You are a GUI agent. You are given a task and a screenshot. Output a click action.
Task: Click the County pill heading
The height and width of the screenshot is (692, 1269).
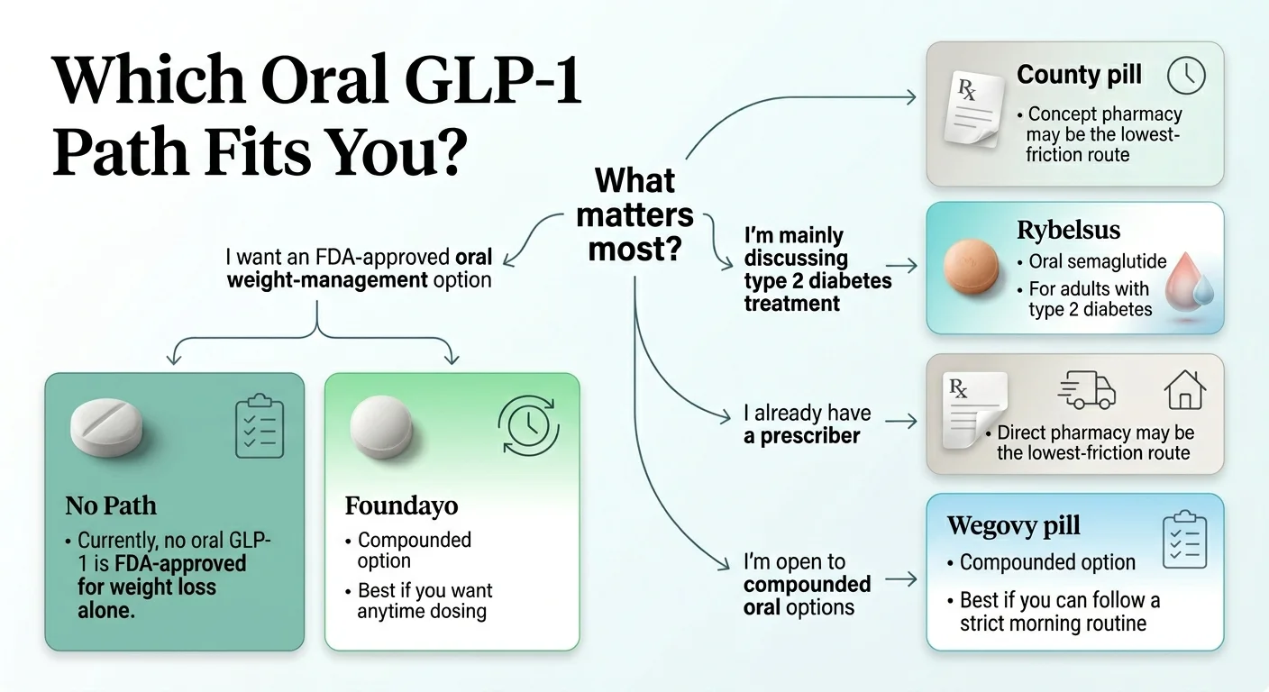tap(1079, 76)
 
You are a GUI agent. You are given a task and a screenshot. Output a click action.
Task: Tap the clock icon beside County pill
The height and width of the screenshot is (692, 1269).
tap(1185, 77)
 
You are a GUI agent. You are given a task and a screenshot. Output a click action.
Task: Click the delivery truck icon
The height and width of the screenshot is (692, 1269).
tap(1085, 389)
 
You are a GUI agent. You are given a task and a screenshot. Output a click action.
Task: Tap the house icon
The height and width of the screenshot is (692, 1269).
tap(1184, 389)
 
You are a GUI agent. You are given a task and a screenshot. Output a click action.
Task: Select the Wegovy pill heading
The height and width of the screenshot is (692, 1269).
tap(1013, 526)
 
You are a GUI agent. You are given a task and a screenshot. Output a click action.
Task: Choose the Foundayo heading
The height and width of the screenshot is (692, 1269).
tap(401, 506)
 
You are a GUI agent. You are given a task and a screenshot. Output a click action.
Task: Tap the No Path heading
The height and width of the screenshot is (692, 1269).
tap(111, 506)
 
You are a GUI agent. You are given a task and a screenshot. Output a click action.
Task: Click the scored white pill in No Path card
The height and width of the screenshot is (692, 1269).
tap(106, 426)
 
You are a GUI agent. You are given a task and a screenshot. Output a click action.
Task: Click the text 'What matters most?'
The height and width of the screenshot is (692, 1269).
tap(634, 214)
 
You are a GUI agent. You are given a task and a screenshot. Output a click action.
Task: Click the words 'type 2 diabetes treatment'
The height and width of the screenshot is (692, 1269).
tap(817, 292)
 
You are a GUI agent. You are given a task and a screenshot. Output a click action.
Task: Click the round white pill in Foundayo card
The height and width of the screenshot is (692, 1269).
tap(381, 423)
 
